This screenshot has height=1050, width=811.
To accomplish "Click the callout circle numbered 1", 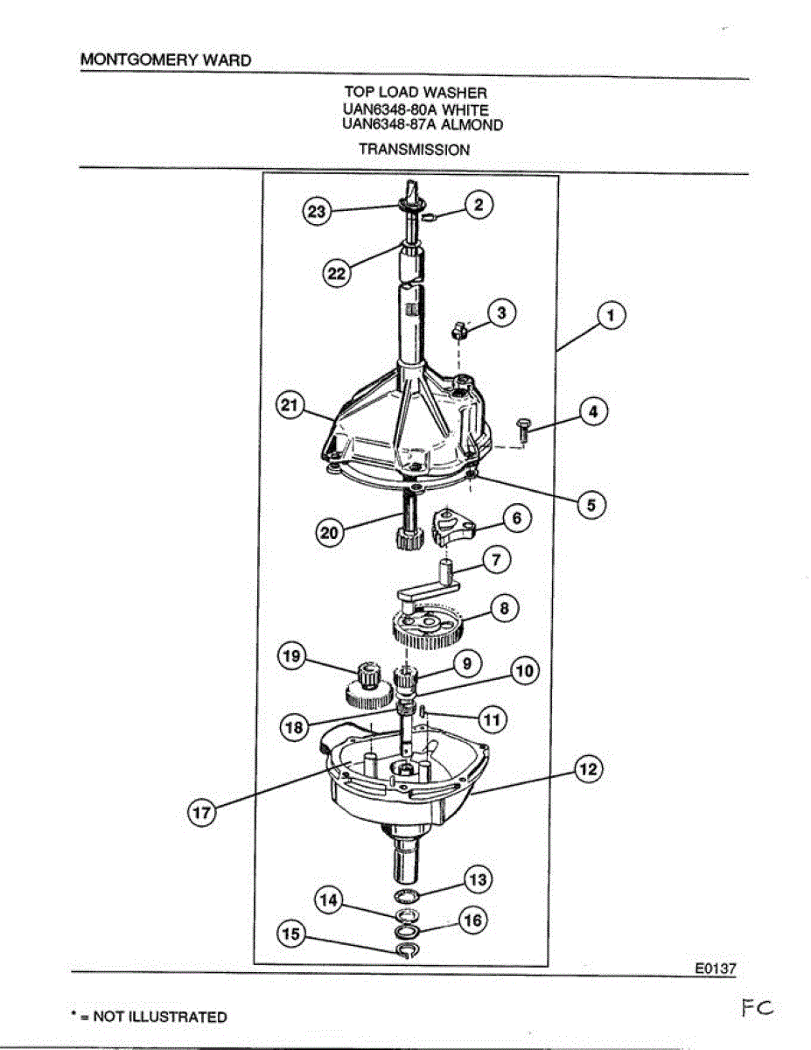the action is tap(611, 316).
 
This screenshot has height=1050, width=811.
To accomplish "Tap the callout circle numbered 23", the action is tap(317, 212).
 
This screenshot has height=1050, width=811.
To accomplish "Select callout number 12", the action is tap(588, 768).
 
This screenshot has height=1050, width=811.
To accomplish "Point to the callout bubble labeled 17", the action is tap(201, 813).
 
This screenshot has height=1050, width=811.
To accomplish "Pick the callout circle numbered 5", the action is tap(591, 506).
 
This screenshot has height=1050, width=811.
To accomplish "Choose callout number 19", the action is tap(290, 656).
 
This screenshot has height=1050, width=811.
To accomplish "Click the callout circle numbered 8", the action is tap(504, 608).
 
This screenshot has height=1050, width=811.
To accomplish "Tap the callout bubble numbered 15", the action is tap(290, 934).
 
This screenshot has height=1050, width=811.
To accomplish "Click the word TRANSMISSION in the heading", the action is tap(414, 150).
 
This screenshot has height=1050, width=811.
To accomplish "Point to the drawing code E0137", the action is tap(716, 969).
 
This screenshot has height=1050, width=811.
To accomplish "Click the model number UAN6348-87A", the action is tap(388, 124).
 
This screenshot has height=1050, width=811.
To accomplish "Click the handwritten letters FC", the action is tap(757, 1009).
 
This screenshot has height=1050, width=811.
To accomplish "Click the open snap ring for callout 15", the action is tap(407, 950).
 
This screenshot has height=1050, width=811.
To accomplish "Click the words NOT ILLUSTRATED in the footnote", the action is tap(160, 1017).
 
